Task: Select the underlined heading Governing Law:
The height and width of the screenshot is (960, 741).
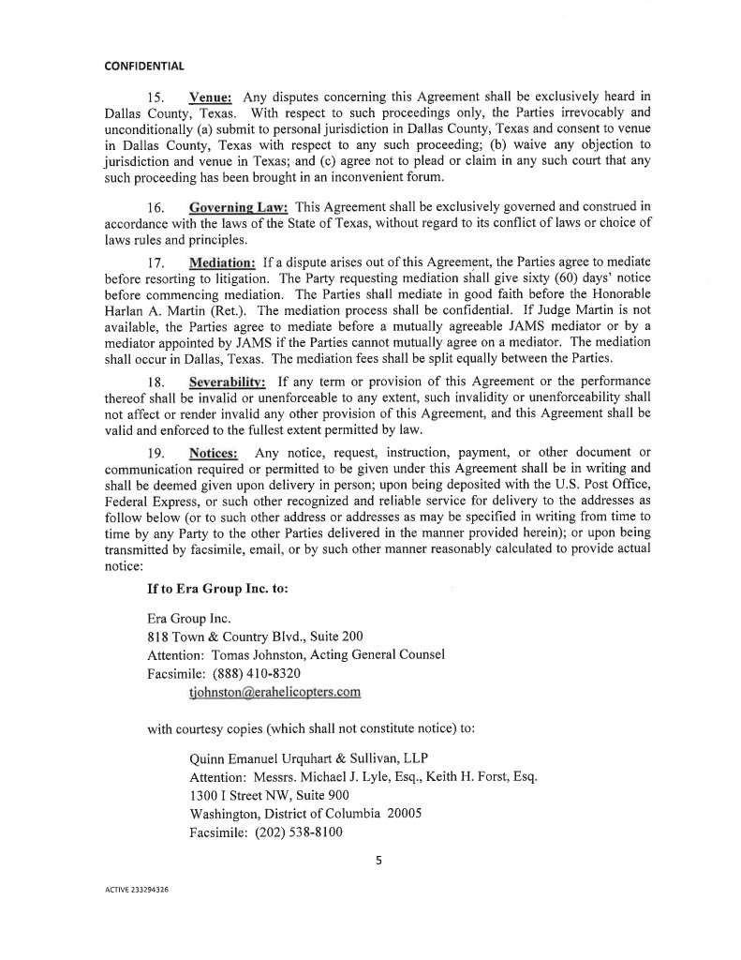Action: [238, 205]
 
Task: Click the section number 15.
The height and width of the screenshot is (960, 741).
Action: [157, 97]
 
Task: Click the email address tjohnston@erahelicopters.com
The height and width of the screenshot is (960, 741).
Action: [274, 693]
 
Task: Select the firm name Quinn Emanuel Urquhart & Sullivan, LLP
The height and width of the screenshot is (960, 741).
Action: [309, 757]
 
